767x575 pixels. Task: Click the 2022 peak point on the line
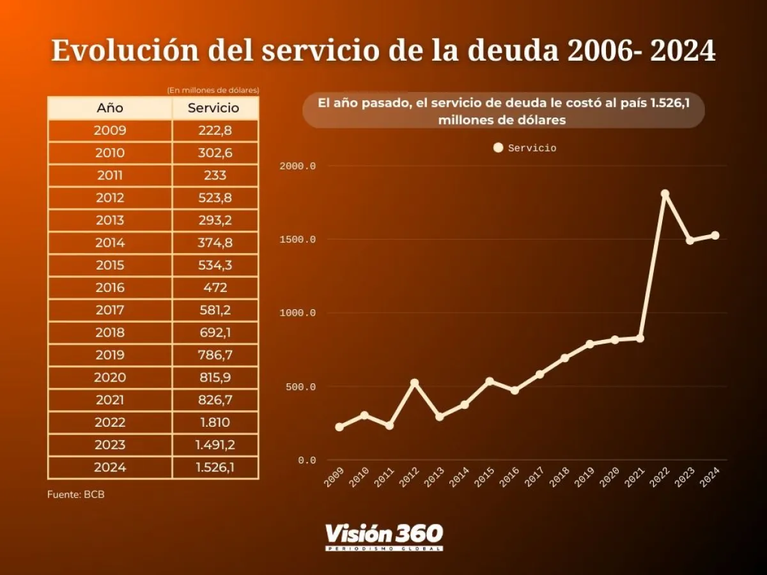pyautogui.click(x=665, y=194)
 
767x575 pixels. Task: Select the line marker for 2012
pyautogui.click(x=414, y=383)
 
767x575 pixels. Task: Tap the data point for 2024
pyautogui.click(x=715, y=235)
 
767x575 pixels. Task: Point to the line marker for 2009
pyautogui.click(x=339, y=427)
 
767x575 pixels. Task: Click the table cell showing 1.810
pyautogui.click(x=215, y=422)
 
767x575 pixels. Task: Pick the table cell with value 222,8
pyautogui.click(x=215, y=130)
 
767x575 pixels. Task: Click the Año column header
pyautogui.click(x=110, y=108)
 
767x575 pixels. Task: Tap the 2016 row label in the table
pyautogui.click(x=110, y=287)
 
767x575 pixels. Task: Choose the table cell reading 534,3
pyautogui.click(x=215, y=265)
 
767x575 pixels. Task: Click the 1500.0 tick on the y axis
pyautogui.click(x=298, y=240)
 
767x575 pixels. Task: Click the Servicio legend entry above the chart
pyautogui.click(x=525, y=148)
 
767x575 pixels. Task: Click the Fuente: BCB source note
pyautogui.click(x=75, y=494)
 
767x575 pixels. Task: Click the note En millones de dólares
pyautogui.click(x=212, y=91)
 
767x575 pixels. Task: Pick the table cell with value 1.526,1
pyautogui.click(x=215, y=467)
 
